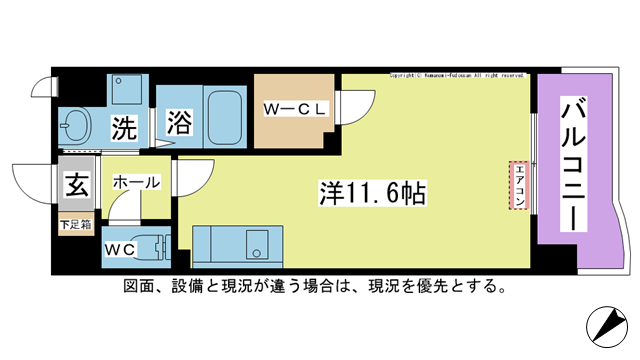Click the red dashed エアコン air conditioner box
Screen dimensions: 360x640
coord(518,186)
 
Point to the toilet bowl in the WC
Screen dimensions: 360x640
coord(150,246)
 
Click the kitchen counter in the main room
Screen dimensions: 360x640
coord(231,243)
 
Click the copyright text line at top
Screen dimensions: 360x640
coord(458,74)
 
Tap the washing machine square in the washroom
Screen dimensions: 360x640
coord(126,92)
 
